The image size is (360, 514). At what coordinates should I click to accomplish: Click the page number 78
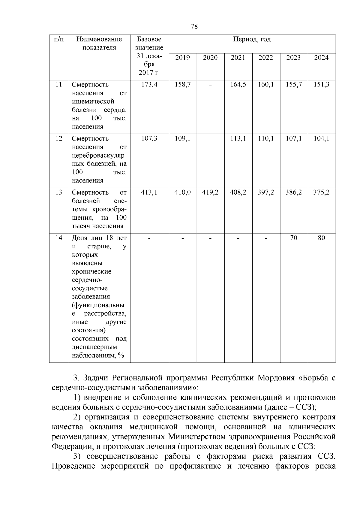[x=194, y=26]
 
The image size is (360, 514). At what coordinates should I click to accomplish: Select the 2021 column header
[x=238, y=58]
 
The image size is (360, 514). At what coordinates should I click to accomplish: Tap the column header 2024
[x=321, y=58]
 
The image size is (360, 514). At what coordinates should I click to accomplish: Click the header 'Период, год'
[x=252, y=39]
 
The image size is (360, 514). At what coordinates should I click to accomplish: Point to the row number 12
[x=59, y=138]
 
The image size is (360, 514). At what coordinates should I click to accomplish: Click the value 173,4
[x=149, y=85]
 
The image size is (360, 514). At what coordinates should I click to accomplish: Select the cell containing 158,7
[x=183, y=85]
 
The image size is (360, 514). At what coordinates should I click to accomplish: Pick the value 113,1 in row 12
[x=238, y=138]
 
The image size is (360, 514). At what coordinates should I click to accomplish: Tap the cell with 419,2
[x=210, y=192]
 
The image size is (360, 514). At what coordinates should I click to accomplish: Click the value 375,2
[x=321, y=192]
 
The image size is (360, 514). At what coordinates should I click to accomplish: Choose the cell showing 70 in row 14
[x=294, y=238]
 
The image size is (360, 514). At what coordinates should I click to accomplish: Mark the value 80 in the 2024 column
[x=321, y=238]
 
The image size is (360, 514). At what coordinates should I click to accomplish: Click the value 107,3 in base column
[x=149, y=138]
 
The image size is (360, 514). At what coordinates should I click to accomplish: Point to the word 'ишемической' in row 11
[x=89, y=101]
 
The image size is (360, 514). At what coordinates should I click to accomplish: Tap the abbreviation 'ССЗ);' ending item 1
[x=306, y=407]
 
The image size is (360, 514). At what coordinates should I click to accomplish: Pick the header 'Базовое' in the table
[x=149, y=39]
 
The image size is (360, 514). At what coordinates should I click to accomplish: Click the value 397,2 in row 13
[x=266, y=192]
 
